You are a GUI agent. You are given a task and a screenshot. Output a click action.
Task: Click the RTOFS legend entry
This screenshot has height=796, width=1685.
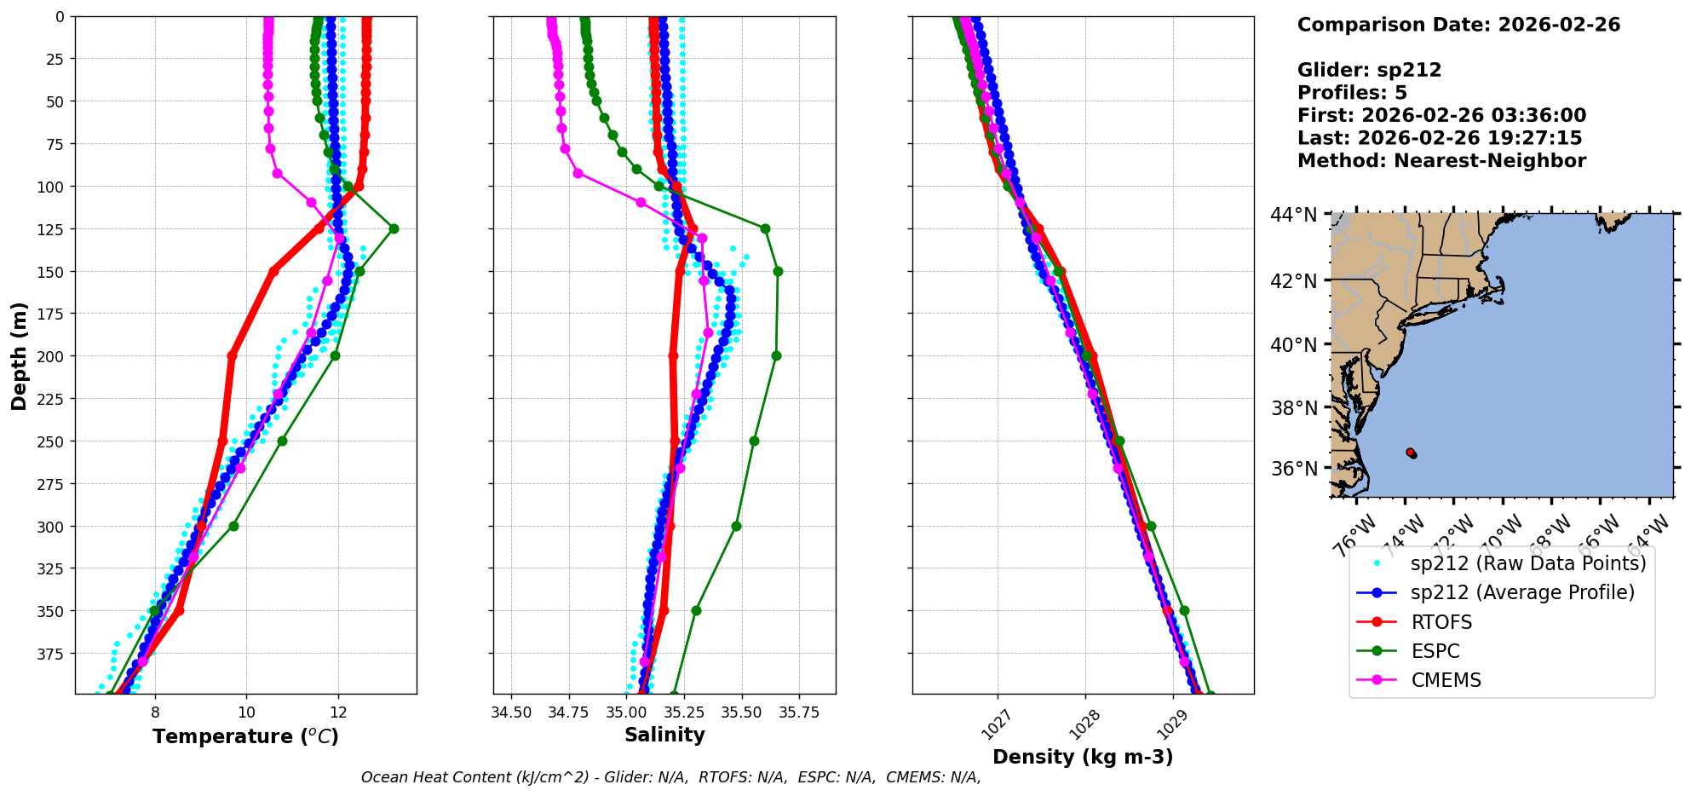(x=1441, y=622)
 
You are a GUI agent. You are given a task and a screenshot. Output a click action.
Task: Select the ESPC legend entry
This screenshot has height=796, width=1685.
(x=1435, y=651)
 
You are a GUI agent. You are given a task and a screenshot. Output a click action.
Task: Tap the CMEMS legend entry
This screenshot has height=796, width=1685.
(x=1446, y=680)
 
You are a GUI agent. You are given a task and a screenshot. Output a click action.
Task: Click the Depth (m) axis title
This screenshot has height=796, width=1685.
(x=19, y=355)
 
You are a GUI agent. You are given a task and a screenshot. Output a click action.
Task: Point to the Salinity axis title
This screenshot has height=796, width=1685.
(x=664, y=735)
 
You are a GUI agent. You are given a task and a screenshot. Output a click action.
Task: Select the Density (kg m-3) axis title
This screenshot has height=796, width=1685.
(x=1083, y=757)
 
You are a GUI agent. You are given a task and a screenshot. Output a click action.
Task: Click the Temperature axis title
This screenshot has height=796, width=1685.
(x=245, y=736)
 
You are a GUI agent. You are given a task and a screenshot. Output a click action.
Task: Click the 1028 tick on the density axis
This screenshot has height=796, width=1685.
(x=1084, y=724)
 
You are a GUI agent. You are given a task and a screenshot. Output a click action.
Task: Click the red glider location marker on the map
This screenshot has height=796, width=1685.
(x=1411, y=453)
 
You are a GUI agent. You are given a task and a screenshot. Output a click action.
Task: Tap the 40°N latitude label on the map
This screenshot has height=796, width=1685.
(x=1294, y=344)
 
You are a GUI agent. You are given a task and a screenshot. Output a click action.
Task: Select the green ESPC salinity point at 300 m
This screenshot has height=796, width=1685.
(x=736, y=526)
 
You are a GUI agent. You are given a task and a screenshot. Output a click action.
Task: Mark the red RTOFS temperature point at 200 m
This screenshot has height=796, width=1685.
(x=232, y=355)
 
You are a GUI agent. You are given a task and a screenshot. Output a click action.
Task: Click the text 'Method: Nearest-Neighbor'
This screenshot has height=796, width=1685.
(x=1441, y=161)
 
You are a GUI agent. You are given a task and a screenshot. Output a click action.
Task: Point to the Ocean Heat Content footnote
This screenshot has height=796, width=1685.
(x=670, y=777)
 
